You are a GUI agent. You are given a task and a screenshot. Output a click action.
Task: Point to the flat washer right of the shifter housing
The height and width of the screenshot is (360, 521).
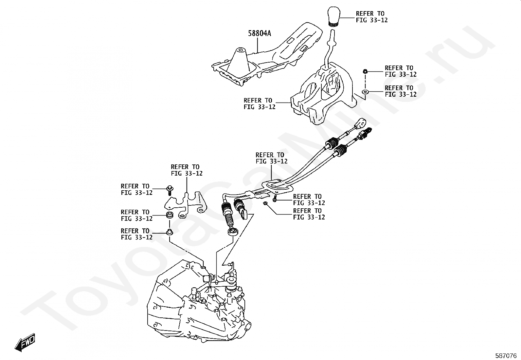365,91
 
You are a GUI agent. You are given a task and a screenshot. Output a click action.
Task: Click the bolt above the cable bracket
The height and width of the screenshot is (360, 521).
170,190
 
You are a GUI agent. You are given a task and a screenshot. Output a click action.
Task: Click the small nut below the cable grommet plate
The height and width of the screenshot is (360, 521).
265,204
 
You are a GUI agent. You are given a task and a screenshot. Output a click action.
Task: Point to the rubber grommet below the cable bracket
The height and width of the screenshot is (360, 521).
170,216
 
